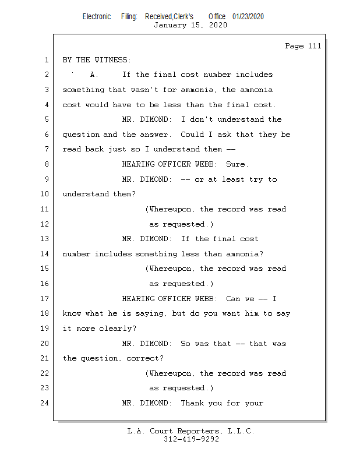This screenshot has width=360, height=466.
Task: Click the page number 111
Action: point(314,46)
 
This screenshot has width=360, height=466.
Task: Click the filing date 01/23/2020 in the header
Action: point(248,17)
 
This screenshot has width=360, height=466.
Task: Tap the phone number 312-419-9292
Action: point(191,439)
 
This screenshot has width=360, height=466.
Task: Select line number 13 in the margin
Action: point(44,239)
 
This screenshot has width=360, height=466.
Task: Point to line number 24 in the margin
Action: point(44,403)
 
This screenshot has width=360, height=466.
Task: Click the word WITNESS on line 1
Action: point(111,60)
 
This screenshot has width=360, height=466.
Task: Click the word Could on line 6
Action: point(192,135)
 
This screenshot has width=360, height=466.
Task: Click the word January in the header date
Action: point(170,25)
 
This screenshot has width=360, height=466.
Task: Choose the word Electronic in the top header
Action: point(97,17)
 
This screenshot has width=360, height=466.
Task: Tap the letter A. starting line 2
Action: point(94,75)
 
